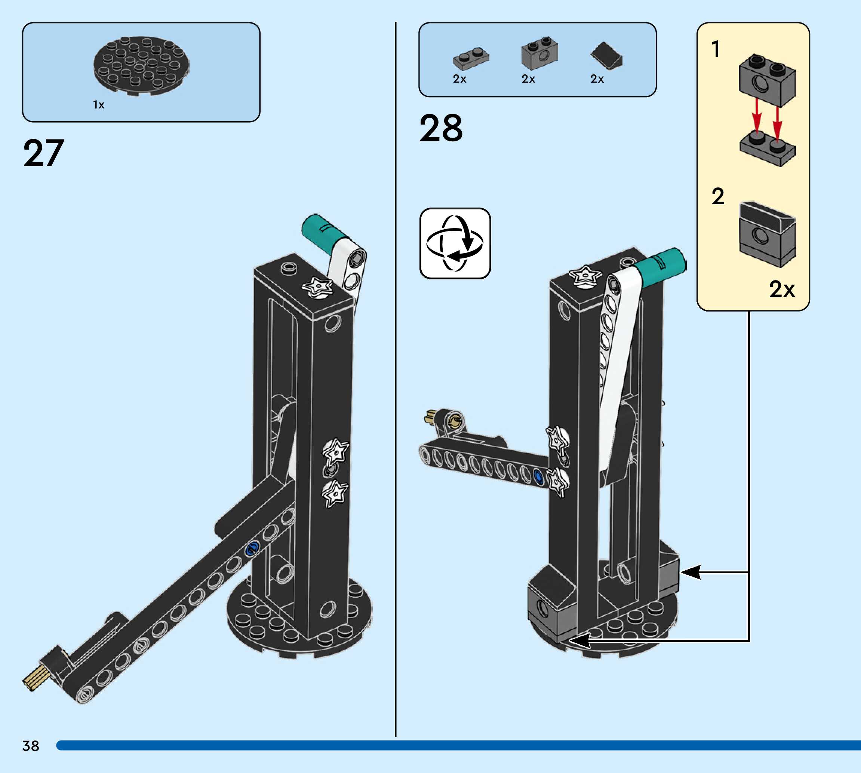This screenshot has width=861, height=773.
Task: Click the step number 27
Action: [44, 153]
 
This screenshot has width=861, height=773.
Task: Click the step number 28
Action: [441, 128]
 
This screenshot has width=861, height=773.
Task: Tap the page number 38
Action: [31, 745]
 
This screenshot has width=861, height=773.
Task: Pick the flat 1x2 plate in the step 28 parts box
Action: [471, 58]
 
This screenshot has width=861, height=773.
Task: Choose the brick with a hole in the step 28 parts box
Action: [539, 53]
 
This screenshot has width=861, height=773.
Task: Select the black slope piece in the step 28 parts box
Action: [606, 56]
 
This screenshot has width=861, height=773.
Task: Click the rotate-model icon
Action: [455, 243]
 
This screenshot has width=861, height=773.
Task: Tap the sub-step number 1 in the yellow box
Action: [716, 49]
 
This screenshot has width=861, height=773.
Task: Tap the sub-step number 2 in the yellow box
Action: [717, 196]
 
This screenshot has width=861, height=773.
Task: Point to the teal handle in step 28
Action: [664, 263]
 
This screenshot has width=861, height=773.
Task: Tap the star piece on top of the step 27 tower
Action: [317, 288]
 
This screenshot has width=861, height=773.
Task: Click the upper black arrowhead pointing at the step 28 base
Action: [690, 572]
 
